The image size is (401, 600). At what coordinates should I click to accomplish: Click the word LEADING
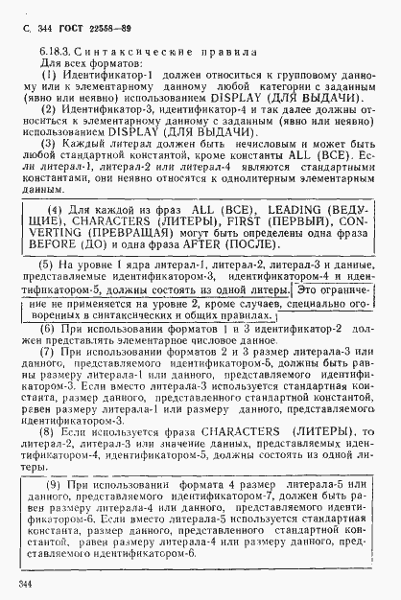pyautogui.click(x=263, y=209)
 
